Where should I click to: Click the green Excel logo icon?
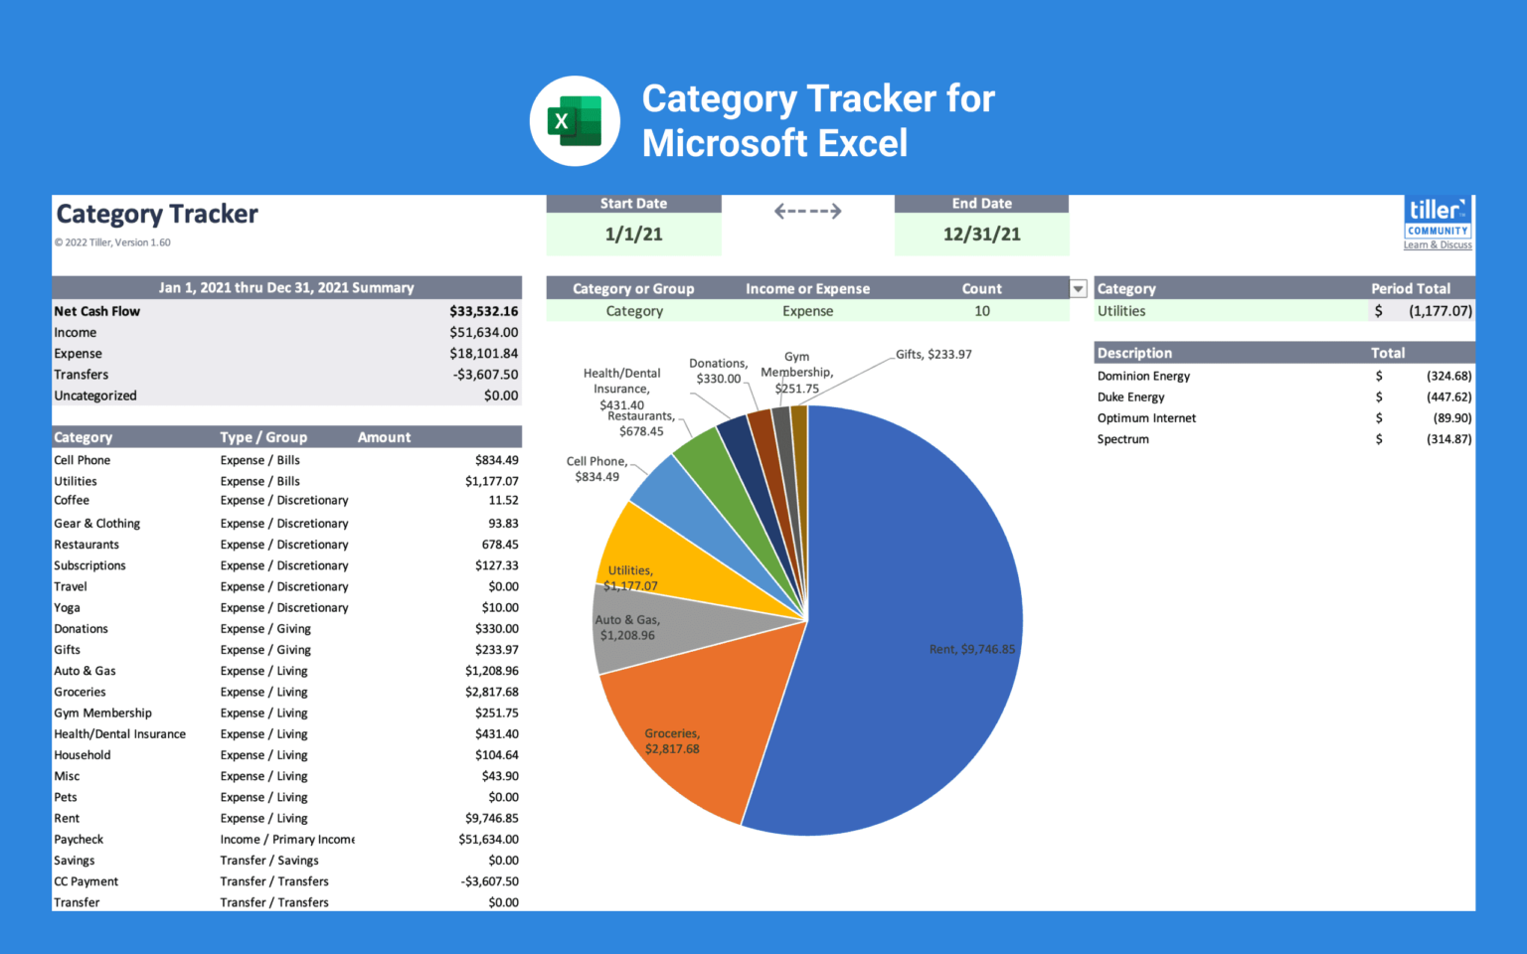[575, 121]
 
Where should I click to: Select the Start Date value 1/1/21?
[633, 235]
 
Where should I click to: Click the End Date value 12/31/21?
[981, 235]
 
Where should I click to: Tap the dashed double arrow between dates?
[807, 211]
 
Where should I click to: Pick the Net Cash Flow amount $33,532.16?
[483, 311]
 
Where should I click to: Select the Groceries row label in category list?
[80, 692]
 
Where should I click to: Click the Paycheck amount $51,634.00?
[488, 840]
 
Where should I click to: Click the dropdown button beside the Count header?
[1078, 289]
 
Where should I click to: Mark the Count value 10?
[982, 311]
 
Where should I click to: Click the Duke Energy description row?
[1130, 397]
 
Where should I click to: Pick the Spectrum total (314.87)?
[1448, 439]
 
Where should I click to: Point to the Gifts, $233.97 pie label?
[933, 355]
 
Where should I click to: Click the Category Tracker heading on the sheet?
[157, 215]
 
